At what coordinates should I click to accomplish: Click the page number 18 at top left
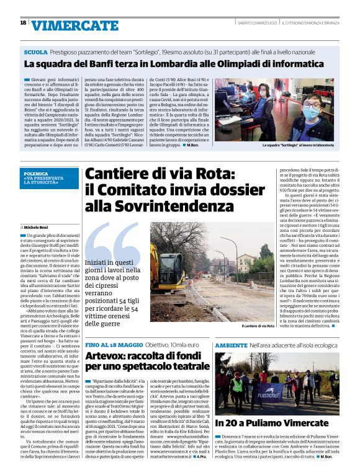tap(23, 23)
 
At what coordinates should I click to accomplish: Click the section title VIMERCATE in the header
tap(66, 25)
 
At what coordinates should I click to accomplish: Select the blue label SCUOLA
tap(35, 51)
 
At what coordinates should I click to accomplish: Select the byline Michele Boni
tap(42, 211)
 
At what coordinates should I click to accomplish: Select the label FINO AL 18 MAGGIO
tap(111, 343)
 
